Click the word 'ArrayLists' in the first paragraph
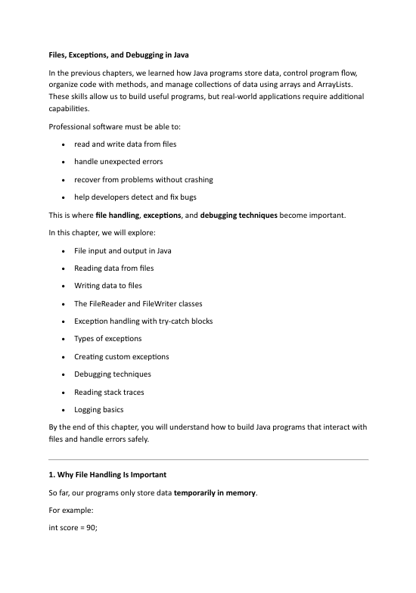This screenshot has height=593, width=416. [341, 84]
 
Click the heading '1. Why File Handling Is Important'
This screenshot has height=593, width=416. [112, 475]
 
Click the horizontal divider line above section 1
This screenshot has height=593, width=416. [208, 459]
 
